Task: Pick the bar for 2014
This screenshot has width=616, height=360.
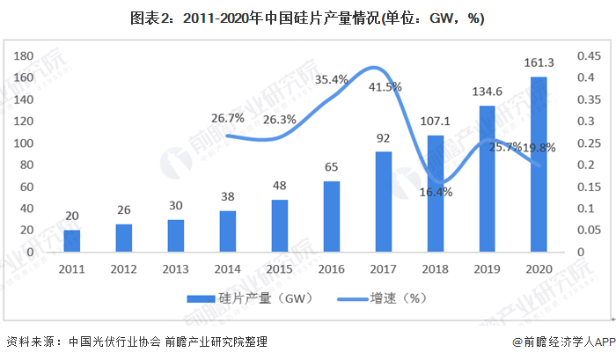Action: coord(227,231)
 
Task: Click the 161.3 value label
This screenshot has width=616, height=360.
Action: coord(539,62)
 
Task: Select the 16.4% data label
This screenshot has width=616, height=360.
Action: coord(436,191)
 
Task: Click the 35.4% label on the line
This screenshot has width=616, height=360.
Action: coord(331,80)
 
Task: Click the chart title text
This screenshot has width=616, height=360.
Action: coord(308,17)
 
